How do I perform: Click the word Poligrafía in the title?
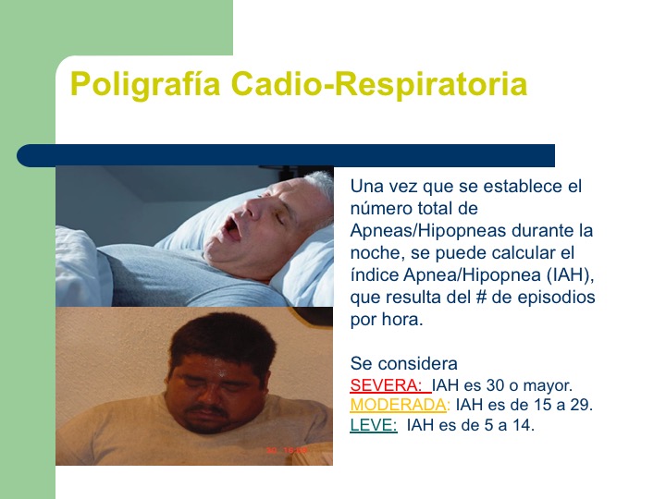pyautogui.click(x=145, y=84)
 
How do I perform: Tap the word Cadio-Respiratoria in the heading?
pyautogui.click(x=379, y=84)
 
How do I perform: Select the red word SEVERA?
pyautogui.click(x=385, y=385)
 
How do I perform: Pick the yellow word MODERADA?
pyautogui.click(x=399, y=405)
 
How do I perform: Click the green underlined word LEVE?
pyautogui.click(x=373, y=425)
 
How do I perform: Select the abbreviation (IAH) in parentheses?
pyautogui.click(x=567, y=275)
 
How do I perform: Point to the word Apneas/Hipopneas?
pyautogui.click(x=428, y=231)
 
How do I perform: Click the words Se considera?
pyautogui.click(x=404, y=364)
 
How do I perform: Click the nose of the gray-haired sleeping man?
pyautogui.click(x=256, y=206)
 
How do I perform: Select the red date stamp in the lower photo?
pyautogui.click(x=287, y=450)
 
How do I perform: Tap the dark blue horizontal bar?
pyautogui.click(x=286, y=155)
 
